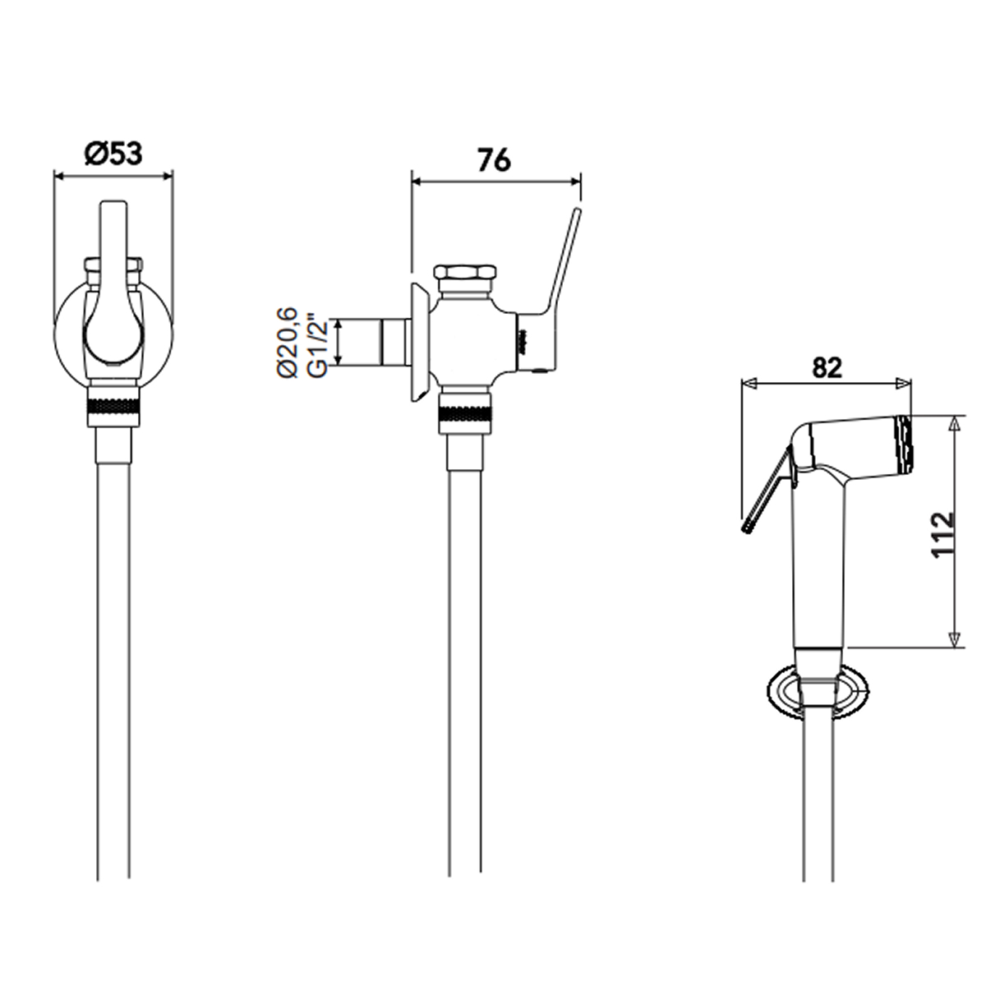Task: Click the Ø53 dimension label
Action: click(113, 153)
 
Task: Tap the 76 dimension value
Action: click(495, 161)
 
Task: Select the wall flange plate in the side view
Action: click(417, 343)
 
